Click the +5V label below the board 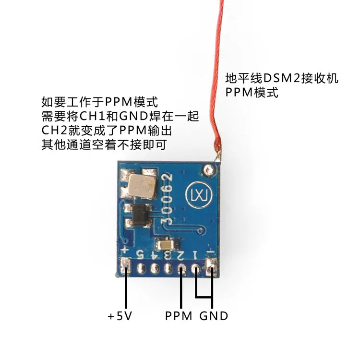pyautogui.click(x=120, y=316)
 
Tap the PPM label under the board pyautogui.click(x=179, y=316)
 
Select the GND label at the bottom pyautogui.click(x=214, y=316)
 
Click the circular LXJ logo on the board pyautogui.click(x=199, y=195)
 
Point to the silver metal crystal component pyautogui.click(x=142, y=185)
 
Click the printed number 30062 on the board pyautogui.click(x=167, y=199)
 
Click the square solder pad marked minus pyautogui.click(x=212, y=266)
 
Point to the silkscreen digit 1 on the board pyautogui.click(x=195, y=255)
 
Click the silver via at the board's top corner pyautogui.click(x=209, y=170)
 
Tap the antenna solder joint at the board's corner pyautogui.click(x=217, y=157)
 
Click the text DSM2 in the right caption pyautogui.click(x=282, y=79)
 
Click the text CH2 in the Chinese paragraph pyautogui.click(x=54, y=131)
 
